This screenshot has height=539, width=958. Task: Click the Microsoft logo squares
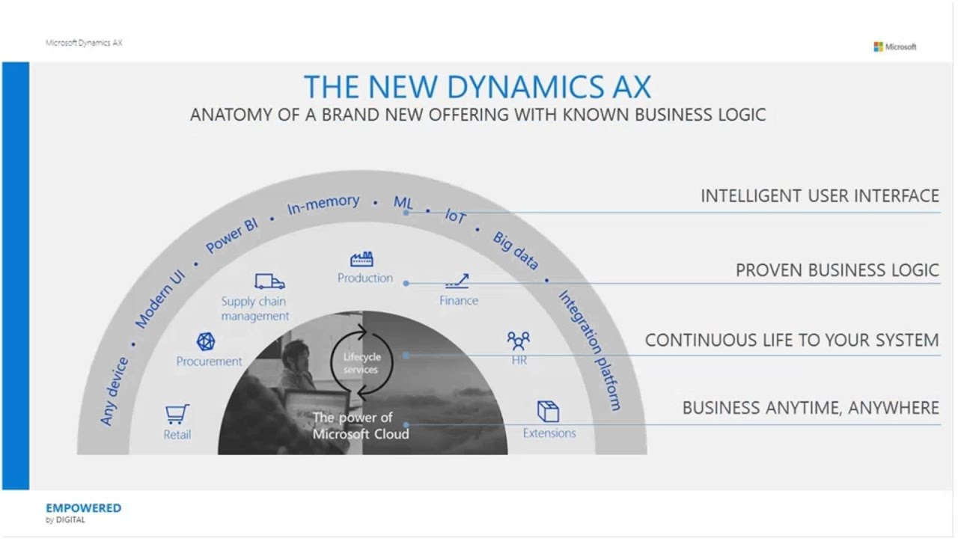[878, 46]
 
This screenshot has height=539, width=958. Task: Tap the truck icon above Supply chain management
[269, 281]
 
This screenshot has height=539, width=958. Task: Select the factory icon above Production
[362, 260]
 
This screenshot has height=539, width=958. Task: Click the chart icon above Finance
[457, 282]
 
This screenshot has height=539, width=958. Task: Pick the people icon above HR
[518, 341]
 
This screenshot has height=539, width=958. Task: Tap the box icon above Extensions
[548, 411]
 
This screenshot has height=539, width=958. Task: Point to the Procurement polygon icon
[206, 341]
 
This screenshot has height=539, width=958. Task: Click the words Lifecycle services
[361, 363]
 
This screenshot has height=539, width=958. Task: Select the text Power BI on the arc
[232, 236]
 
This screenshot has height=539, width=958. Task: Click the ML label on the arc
[403, 202]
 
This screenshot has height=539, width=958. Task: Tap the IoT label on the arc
[455, 216]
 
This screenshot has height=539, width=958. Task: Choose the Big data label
[515, 250]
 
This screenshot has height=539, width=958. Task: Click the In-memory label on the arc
[323, 204]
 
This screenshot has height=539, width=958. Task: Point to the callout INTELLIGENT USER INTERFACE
[820, 196]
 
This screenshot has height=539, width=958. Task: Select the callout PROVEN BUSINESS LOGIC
[837, 270]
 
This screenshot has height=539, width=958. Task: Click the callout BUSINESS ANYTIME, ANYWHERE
[811, 408]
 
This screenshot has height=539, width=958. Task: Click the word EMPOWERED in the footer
[83, 508]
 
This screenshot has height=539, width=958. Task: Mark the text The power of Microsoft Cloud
[361, 425]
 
